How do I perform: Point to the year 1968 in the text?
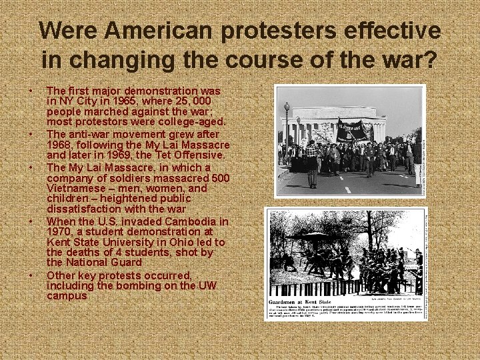pyautogui.click(x=61, y=144)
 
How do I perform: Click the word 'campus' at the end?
pyautogui.click(x=67, y=295)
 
